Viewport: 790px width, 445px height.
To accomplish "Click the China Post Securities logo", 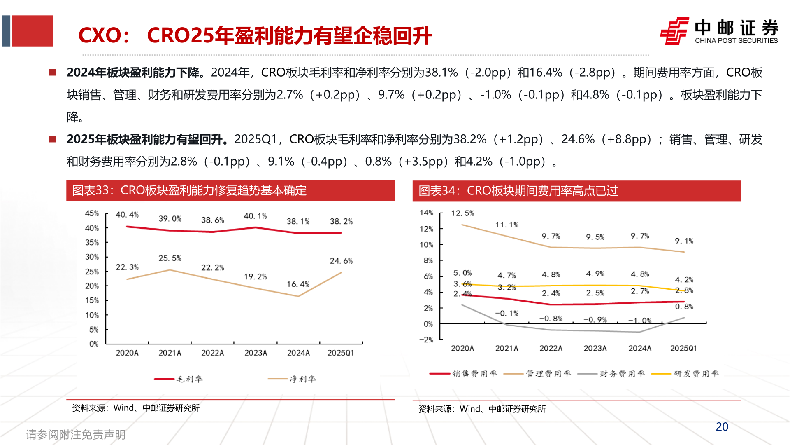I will (718, 31).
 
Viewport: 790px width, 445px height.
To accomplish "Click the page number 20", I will (722, 427).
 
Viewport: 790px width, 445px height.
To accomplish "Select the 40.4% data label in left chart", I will (127, 215).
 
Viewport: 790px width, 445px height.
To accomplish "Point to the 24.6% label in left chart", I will (341, 261).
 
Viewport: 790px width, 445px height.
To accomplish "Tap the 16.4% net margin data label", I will (298, 284).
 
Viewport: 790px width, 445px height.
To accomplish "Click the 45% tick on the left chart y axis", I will (92, 213).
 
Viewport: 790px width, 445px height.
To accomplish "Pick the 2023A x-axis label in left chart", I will (256, 353).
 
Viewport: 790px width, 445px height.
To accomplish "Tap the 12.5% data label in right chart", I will (462, 213).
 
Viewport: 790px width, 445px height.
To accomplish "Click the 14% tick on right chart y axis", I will (426, 213).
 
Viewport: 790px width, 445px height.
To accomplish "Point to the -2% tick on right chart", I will (426, 340).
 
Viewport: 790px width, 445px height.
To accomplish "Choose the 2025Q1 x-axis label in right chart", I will (683, 349).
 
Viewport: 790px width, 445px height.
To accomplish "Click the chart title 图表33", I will (189, 190).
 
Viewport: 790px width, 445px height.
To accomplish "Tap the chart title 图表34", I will (518, 191).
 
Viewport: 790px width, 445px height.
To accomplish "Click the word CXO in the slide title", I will (99, 35).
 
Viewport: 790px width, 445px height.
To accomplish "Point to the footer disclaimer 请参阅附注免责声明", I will (76, 435).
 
